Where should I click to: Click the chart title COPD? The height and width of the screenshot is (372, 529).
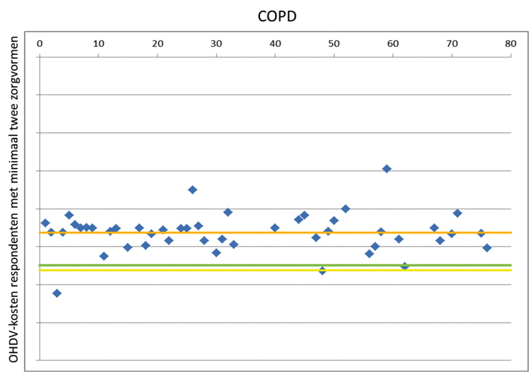pyautogui.click(x=277, y=16)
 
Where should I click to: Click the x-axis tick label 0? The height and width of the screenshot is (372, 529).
pyautogui.click(x=39, y=44)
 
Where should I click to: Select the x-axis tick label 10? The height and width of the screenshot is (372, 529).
pyautogui.click(x=98, y=44)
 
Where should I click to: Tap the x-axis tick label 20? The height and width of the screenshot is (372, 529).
pyautogui.click(x=157, y=44)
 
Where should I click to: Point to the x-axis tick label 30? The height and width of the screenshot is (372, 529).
pyautogui.click(x=216, y=44)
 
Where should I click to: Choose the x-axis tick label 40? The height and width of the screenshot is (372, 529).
pyautogui.click(x=275, y=44)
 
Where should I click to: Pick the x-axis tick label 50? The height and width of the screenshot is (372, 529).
pyautogui.click(x=334, y=44)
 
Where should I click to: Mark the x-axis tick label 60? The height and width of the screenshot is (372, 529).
pyautogui.click(x=393, y=44)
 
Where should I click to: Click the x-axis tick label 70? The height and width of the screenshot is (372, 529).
pyautogui.click(x=452, y=44)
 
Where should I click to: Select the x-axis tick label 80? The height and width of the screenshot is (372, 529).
pyautogui.click(x=511, y=44)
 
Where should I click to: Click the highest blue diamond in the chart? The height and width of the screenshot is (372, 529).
pyautogui.click(x=387, y=169)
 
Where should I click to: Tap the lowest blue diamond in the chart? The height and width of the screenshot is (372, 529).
pyautogui.click(x=57, y=293)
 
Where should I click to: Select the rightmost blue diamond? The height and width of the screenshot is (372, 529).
pyautogui.click(x=487, y=248)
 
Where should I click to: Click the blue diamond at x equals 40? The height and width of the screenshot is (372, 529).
pyautogui.click(x=275, y=228)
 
